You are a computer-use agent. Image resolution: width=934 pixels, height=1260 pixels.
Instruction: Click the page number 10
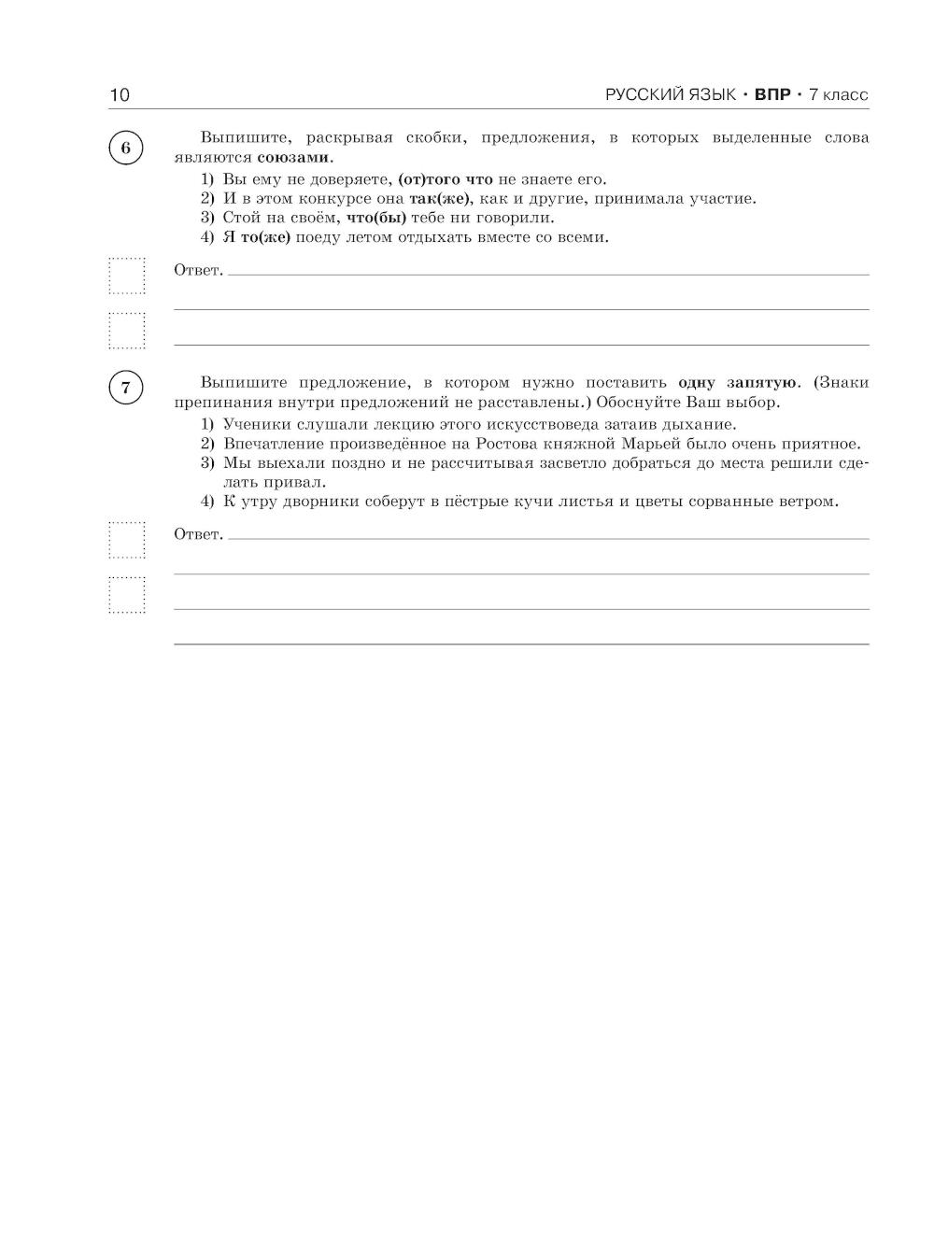(120, 94)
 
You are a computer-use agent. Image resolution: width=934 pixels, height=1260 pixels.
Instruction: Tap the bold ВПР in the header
(772, 94)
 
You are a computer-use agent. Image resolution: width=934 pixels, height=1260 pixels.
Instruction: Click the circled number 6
(126, 149)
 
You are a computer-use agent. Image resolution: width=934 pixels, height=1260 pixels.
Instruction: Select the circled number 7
(126, 388)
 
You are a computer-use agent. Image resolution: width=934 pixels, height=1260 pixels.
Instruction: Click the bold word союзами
(293, 157)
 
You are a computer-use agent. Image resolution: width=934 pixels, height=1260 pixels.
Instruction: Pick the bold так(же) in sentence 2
(438, 198)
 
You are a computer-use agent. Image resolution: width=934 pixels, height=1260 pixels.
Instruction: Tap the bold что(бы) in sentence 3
(375, 218)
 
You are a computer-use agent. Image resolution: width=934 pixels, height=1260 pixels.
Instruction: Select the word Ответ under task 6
(198, 271)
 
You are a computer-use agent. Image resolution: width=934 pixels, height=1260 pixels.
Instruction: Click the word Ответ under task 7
(198, 534)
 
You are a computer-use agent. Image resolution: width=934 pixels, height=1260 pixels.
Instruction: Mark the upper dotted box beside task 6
(127, 276)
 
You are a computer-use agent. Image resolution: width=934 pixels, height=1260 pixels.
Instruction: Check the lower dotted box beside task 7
(127, 595)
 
